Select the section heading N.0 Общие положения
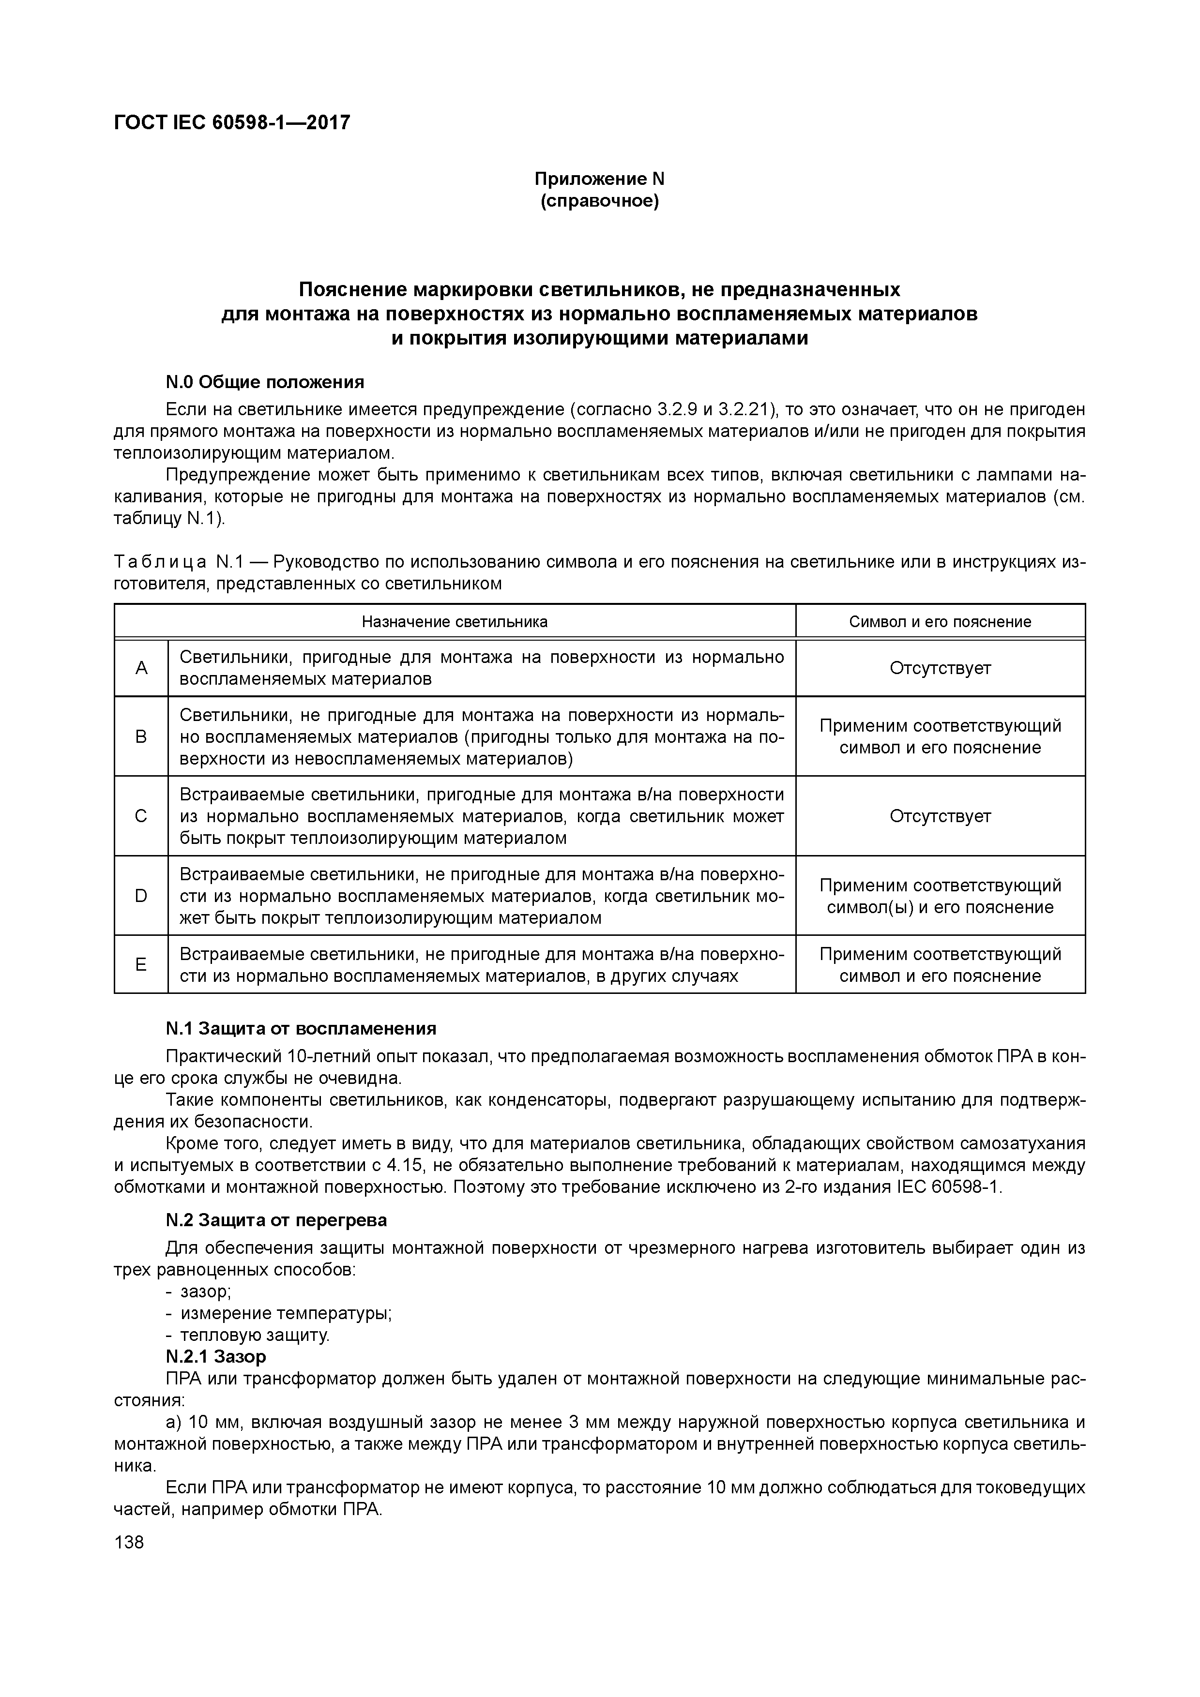pyautogui.click(x=265, y=382)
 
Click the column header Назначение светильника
pyautogui.click(x=455, y=622)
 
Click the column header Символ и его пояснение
pyautogui.click(x=940, y=622)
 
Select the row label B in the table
pyautogui.click(x=141, y=737)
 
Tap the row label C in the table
pyautogui.click(x=141, y=816)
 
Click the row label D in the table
pyautogui.click(x=141, y=896)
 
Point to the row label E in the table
pyautogui.click(x=141, y=964)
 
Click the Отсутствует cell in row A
pyautogui.click(x=940, y=668)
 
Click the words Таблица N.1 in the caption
pyautogui.click(x=178, y=562)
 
